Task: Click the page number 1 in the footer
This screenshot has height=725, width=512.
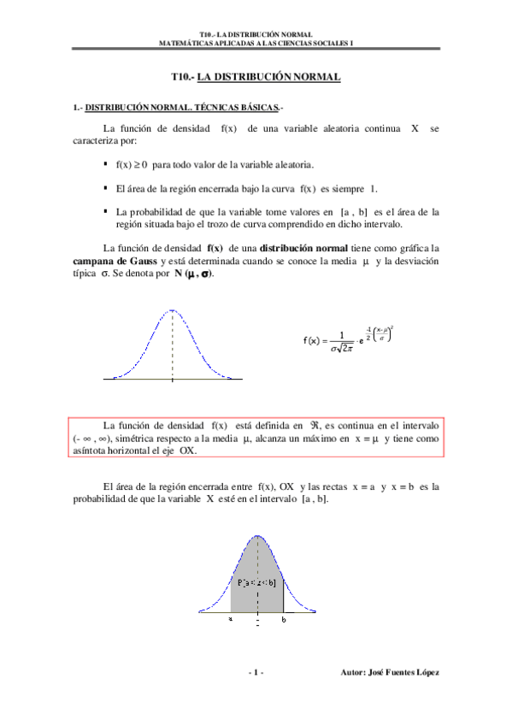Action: tap(256, 674)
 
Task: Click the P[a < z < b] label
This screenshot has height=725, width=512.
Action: tap(256, 583)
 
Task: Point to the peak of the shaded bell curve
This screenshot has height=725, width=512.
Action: tap(257, 537)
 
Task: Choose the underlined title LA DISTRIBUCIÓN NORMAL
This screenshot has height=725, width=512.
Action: tap(268, 78)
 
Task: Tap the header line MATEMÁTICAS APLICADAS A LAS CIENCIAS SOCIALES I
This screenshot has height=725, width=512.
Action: tap(256, 42)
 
